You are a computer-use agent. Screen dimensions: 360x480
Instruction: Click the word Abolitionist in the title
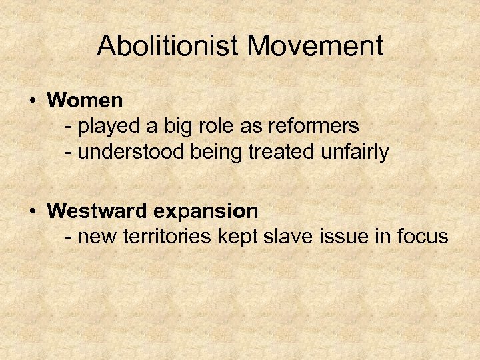pyautogui.click(x=168, y=46)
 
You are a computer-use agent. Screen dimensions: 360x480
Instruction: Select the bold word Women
pyautogui.click(x=85, y=101)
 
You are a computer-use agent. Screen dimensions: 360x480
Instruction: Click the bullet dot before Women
pyautogui.click(x=32, y=101)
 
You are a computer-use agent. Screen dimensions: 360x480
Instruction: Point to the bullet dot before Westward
pyautogui.click(x=32, y=211)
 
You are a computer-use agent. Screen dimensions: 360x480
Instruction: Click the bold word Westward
pyautogui.click(x=99, y=211)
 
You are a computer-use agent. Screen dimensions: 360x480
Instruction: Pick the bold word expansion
pyautogui.click(x=207, y=212)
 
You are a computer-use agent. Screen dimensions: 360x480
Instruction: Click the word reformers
pyautogui.click(x=313, y=125)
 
